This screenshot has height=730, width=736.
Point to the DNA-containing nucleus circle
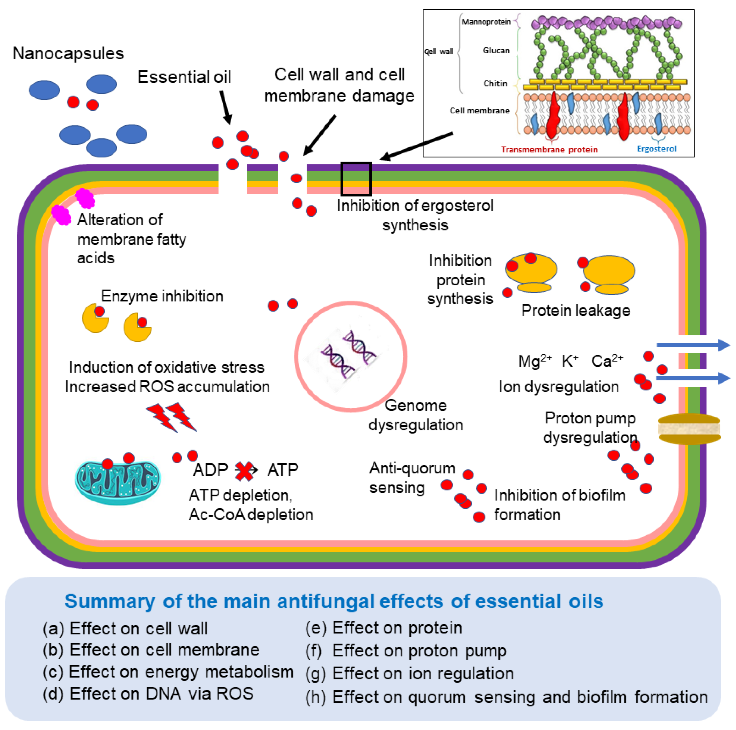[x=350, y=357]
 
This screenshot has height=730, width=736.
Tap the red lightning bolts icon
[x=171, y=417]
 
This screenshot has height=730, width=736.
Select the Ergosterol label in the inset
[x=656, y=149]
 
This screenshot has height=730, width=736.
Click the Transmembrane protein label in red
[x=549, y=149]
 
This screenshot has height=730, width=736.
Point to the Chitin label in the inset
[x=495, y=83]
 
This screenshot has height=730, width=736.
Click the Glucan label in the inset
[x=496, y=50]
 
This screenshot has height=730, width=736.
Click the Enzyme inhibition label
[x=162, y=296]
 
